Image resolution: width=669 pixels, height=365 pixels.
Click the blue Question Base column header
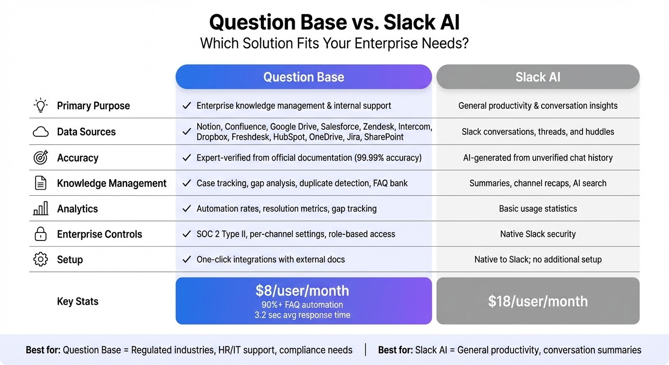tap(304, 77)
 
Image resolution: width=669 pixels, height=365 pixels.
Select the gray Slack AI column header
tap(538, 77)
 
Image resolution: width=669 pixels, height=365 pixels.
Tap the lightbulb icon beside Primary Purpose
tap(41, 106)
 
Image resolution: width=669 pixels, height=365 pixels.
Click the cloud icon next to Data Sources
tap(41, 132)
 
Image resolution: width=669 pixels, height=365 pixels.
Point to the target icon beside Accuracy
tap(41, 158)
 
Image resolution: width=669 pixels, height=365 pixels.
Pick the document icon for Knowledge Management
tap(41, 183)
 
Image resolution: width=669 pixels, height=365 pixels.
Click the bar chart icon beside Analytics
tap(41, 209)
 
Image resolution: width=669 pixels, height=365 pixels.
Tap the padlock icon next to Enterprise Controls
tap(41, 234)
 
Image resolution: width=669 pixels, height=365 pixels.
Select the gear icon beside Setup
tap(41, 259)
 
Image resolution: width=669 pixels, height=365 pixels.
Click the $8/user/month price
tap(302, 291)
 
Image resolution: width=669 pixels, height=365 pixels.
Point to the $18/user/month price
tap(538, 301)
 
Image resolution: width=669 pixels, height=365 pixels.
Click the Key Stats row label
tap(77, 301)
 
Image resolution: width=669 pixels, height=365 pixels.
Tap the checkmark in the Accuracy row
tap(187, 158)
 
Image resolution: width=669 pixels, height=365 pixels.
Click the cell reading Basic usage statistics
tap(538, 209)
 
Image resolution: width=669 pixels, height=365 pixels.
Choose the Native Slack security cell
tap(538, 234)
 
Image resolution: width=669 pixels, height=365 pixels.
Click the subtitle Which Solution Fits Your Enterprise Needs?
tap(334, 43)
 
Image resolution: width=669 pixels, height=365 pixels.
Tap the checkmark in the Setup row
tap(187, 259)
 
